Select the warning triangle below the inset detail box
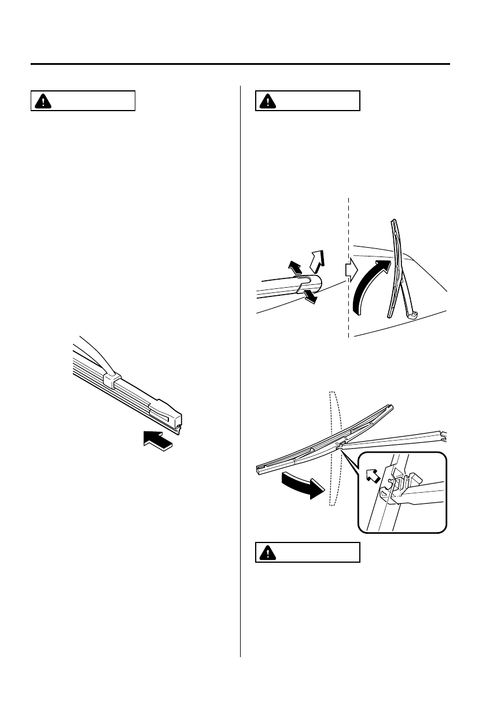(268, 553)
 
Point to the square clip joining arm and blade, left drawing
(110, 379)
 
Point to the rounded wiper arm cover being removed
(311, 284)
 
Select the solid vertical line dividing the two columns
(240, 371)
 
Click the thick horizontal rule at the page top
(240, 64)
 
